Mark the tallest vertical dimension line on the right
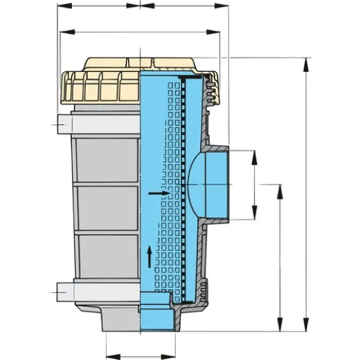[306, 194]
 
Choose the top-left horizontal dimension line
[97, 6]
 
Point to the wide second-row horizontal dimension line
[141, 31]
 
